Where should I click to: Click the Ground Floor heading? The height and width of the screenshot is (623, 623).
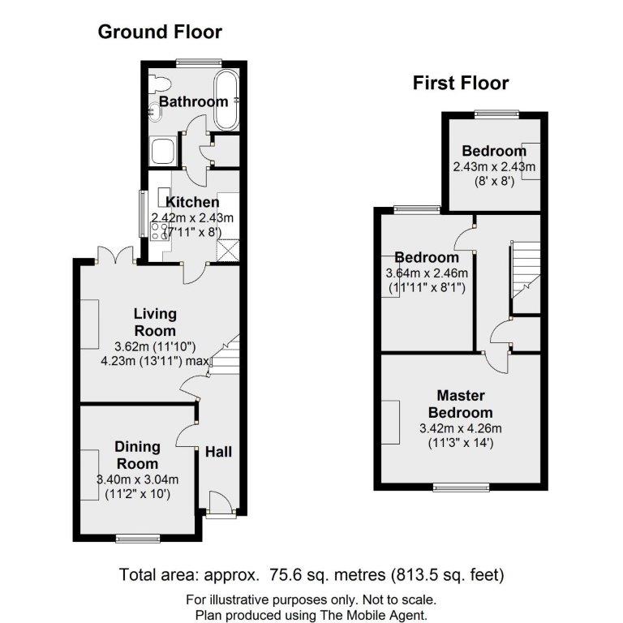(160, 32)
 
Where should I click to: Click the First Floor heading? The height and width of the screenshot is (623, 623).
(461, 83)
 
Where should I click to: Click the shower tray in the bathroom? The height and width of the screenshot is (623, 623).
(162, 151)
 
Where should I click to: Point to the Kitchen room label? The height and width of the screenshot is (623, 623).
(192, 202)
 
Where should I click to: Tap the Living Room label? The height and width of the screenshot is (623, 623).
(154, 323)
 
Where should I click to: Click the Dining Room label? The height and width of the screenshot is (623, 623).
(137, 454)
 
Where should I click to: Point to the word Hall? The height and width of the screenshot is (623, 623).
(218, 451)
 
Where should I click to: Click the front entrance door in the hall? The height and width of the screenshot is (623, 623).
(220, 503)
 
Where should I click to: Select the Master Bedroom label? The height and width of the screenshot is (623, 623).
(460, 404)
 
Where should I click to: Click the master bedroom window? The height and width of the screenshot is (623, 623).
(454, 487)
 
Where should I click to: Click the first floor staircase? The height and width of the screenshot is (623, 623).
(524, 272)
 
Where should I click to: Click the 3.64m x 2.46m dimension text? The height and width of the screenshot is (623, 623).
(426, 273)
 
